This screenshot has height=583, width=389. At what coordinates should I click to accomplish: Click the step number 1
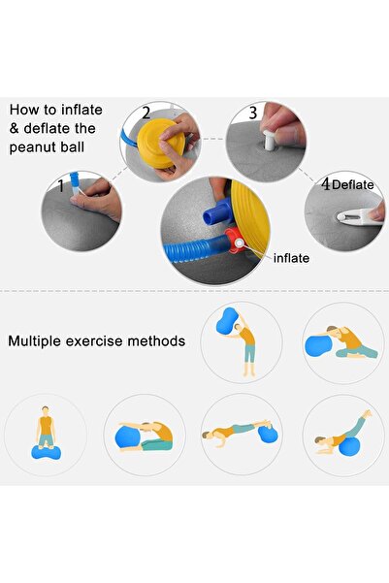tap(61, 185)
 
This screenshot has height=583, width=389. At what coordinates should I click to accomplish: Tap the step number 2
tap(146, 113)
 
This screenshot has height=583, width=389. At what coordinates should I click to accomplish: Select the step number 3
tap(253, 113)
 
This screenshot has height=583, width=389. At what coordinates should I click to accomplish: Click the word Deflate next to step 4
tap(352, 184)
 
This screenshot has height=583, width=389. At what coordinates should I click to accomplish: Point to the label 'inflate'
tap(291, 258)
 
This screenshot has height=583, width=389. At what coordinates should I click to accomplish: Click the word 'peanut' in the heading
tap(32, 147)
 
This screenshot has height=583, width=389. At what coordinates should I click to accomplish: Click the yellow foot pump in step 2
tap(160, 143)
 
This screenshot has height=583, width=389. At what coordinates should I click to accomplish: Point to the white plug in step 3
tap(269, 139)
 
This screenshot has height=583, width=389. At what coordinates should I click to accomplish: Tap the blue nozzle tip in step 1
tap(75, 180)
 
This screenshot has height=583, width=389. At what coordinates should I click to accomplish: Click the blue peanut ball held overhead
tap(227, 320)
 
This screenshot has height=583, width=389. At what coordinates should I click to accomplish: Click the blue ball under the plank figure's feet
tap(268, 434)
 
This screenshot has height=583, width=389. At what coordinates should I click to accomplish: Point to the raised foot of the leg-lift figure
tap(368, 414)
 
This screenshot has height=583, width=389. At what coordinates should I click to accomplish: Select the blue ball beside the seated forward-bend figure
tap(127, 437)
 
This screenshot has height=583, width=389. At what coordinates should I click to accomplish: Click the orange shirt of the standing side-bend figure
tap(247, 336)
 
